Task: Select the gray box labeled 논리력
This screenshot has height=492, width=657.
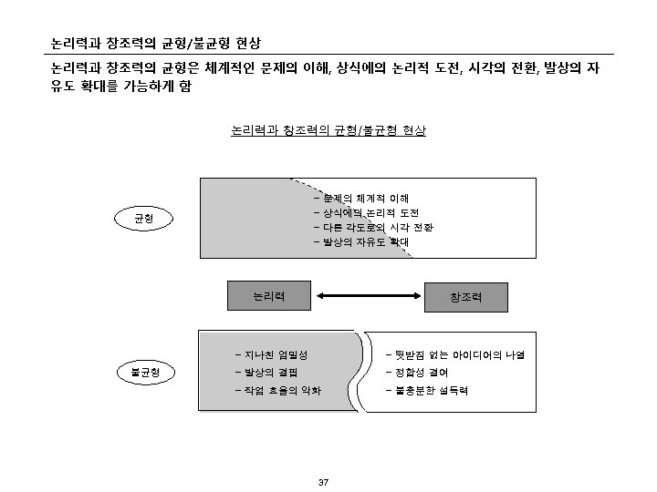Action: point(268,296)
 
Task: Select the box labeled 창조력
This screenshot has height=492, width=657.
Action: point(465,297)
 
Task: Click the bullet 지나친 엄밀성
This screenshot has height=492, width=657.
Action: point(271,354)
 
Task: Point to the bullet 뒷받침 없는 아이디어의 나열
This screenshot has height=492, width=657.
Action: point(461,354)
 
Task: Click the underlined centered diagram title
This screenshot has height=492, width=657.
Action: point(328,130)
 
